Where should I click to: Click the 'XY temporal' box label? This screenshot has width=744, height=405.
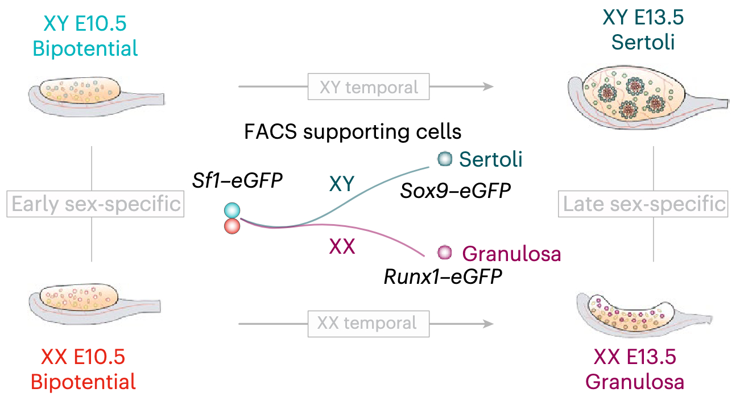click(369, 88)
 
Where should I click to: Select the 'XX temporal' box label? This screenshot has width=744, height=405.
click(366, 323)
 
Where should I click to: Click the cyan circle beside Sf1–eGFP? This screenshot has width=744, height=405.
click(232, 211)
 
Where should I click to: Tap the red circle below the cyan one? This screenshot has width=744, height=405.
click(232, 226)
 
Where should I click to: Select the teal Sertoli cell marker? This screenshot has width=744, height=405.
click(444, 159)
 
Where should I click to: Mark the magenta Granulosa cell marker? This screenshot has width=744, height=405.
click(444, 251)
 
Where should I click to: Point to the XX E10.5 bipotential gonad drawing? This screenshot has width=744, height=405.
click(97, 304)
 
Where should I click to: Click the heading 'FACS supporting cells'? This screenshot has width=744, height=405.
click(353, 132)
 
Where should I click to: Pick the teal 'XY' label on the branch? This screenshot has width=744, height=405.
click(342, 183)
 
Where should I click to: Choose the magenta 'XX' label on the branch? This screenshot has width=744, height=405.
click(342, 247)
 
